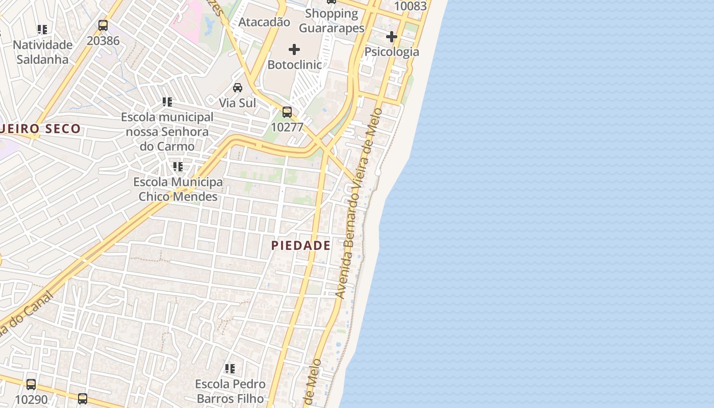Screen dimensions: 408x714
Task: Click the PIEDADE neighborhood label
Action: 301,245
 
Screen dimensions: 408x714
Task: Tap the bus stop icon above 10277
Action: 287,112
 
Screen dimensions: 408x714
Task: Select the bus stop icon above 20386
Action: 103,25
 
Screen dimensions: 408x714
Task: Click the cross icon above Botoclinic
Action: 294,49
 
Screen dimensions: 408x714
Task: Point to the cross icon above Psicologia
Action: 392,37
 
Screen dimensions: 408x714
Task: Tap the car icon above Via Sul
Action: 238,88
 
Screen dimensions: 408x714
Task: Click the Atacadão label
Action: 264,22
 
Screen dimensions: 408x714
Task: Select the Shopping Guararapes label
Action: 331,21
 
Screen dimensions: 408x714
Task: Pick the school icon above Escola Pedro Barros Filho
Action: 230,368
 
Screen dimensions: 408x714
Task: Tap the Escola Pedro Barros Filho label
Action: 231,391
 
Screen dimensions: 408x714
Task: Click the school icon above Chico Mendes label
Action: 177,167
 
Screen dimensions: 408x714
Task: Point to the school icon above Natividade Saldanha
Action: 42,30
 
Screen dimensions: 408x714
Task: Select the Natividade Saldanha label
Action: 43,52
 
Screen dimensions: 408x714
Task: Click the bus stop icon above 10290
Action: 31,385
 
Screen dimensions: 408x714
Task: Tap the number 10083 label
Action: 411,6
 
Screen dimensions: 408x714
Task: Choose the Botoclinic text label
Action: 295,65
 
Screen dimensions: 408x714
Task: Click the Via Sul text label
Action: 238,103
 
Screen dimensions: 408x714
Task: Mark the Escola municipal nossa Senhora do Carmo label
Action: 167,132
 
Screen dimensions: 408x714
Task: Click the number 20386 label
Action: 103,40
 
